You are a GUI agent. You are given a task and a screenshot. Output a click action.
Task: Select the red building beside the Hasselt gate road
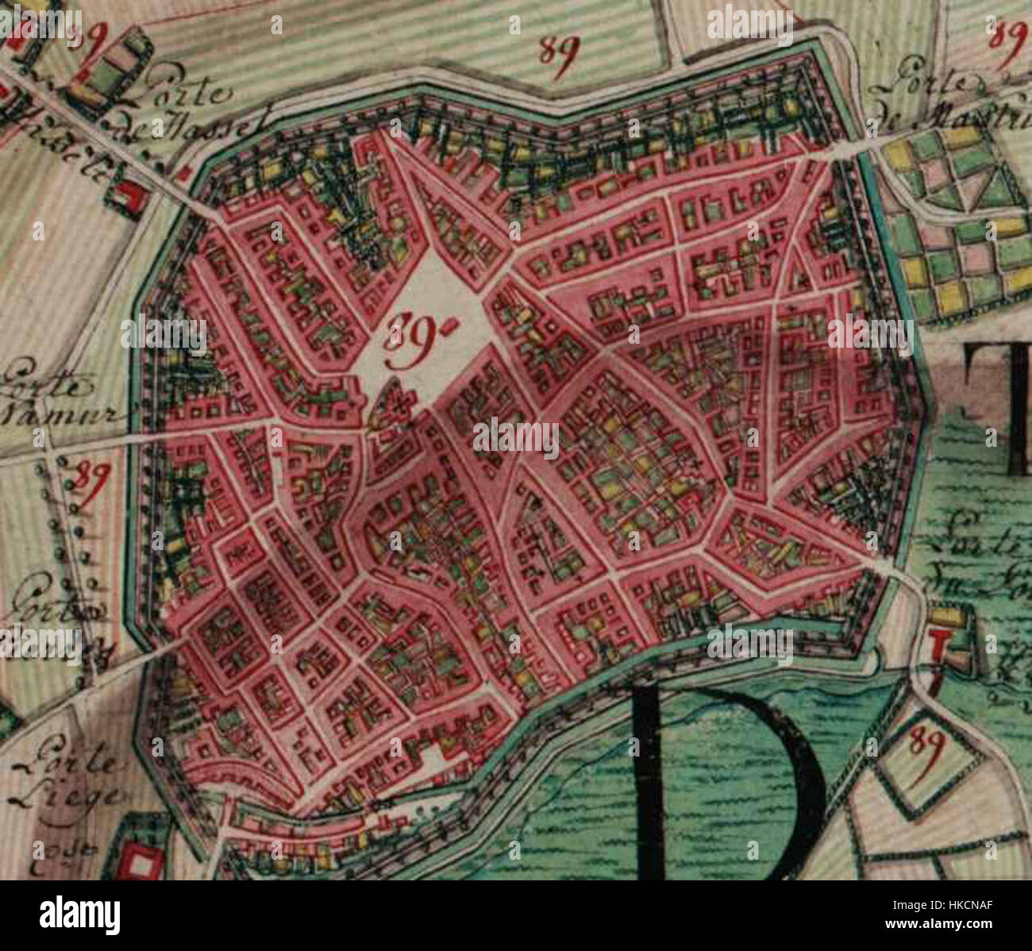[125, 194]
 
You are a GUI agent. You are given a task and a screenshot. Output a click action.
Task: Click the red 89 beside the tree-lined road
[89, 480]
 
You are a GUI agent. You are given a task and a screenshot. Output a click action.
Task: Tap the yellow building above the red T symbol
[945, 615]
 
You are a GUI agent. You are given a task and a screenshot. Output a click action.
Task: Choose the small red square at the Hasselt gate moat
[184, 172]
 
